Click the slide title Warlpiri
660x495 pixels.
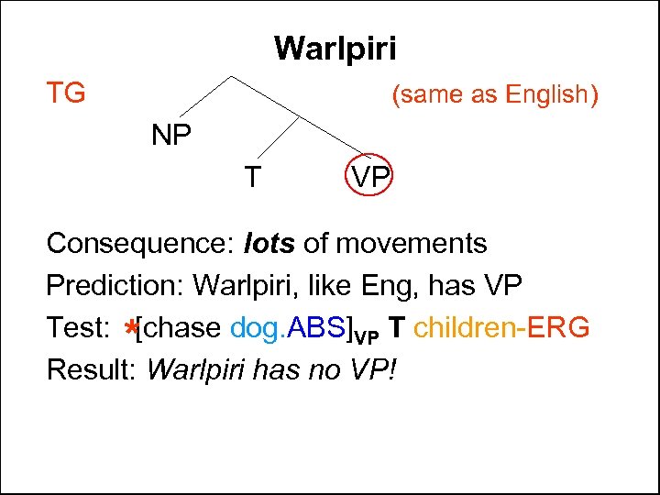click(x=335, y=47)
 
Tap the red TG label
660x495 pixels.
click(x=66, y=93)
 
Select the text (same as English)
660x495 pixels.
click(x=495, y=94)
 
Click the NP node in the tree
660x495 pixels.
click(x=171, y=137)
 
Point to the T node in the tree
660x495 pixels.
click(x=250, y=176)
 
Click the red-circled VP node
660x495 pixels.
click(x=369, y=177)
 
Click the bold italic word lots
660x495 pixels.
click(x=270, y=244)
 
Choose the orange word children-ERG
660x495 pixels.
click(x=502, y=326)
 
